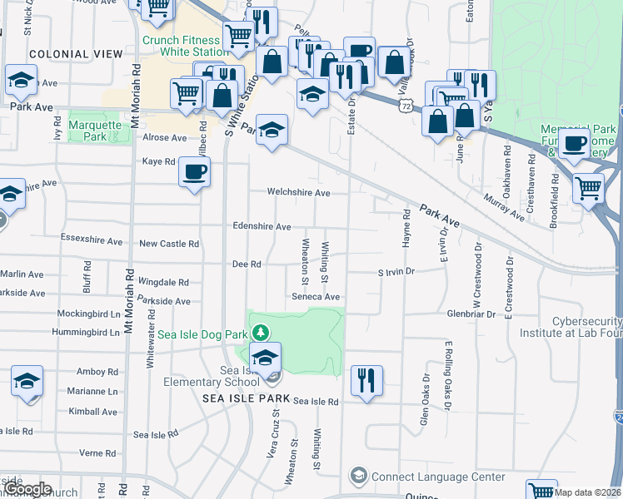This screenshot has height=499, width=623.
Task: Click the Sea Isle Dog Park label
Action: (202, 333)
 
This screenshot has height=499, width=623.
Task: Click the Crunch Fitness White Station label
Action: (183, 45)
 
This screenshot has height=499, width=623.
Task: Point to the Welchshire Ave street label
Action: (298, 193)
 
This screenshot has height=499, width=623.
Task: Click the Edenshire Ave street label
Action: (262, 226)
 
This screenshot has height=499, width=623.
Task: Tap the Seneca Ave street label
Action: (316, 297)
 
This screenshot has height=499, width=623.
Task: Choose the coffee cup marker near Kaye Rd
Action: (195, 172)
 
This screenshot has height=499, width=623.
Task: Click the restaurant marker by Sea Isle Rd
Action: (366, 380)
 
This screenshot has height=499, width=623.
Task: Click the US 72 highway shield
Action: (405, 106)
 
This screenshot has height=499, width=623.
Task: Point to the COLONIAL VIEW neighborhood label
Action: (70, 54)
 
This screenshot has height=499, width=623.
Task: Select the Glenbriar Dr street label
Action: (471, 314)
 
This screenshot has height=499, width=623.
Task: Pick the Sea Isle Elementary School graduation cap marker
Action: (266, 359)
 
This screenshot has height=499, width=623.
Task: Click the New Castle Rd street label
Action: (169, 245)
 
